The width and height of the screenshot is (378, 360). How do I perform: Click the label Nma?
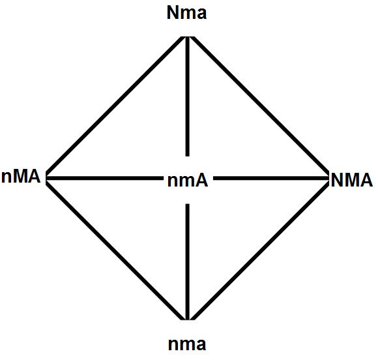tap(186, 13)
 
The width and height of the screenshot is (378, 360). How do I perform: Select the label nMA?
tap(21, 177)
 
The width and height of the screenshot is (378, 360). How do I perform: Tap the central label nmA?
tap(187, 181)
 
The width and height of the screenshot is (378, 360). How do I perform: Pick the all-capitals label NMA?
tap(352, 180)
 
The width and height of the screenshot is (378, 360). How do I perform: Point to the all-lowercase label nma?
tap(187, 344)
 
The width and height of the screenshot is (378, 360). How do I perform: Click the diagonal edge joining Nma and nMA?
tap(115, 106)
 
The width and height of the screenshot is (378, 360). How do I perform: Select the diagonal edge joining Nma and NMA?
tap(260, 105)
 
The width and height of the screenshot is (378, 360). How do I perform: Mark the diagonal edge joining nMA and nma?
tap(115, 251)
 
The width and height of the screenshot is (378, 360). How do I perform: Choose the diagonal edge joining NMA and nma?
tap(260, 251)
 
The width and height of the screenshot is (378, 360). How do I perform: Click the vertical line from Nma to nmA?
tap(188, 97)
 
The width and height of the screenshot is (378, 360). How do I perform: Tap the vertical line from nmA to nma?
tap(188, 262)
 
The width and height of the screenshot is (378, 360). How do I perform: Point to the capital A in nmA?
tap(201, 181)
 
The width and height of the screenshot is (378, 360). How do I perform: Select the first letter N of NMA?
tap(337, 180)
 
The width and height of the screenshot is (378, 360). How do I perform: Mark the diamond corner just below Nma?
tap(188, 37)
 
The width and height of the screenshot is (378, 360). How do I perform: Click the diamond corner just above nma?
tap(188, 320)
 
